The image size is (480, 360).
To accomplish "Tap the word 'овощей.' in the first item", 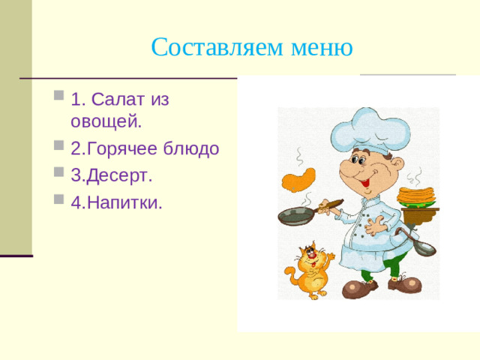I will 106,121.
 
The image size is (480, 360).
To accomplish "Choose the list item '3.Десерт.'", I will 111,175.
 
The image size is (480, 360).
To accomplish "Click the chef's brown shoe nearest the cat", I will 358,288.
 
